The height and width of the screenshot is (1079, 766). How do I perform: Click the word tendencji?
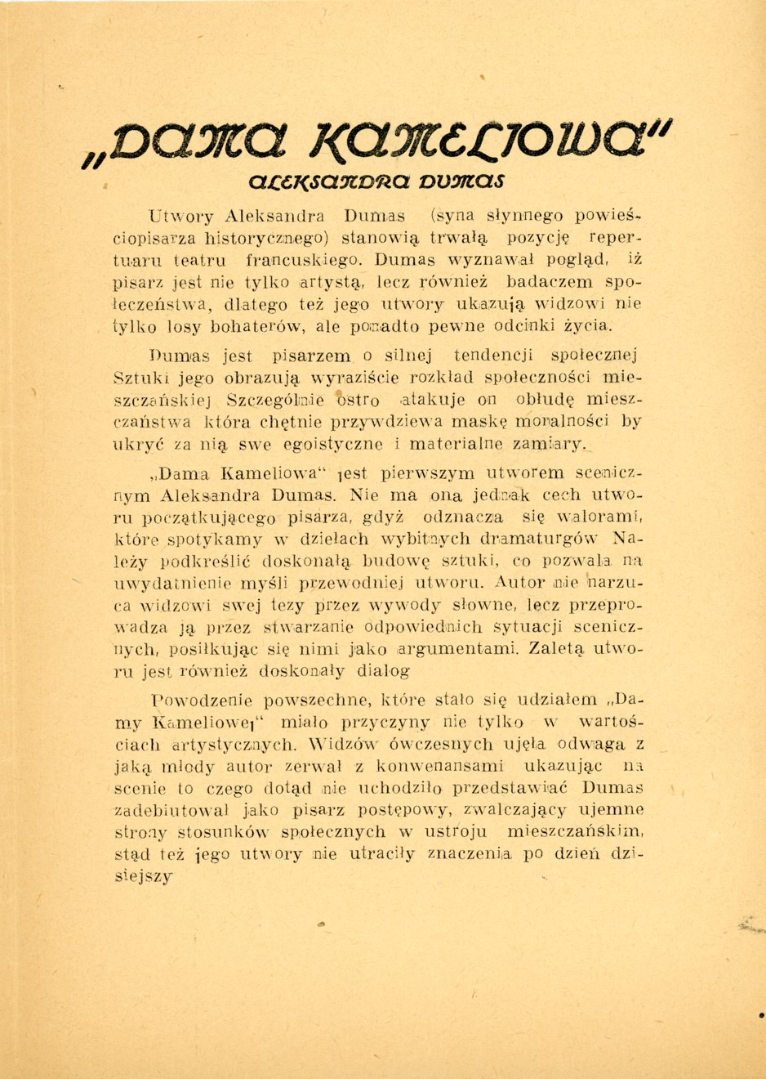coord(482,356)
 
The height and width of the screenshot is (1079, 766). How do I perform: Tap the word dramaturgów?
coord(539,539)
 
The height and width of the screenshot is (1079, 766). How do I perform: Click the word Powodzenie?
coord(203,701)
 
